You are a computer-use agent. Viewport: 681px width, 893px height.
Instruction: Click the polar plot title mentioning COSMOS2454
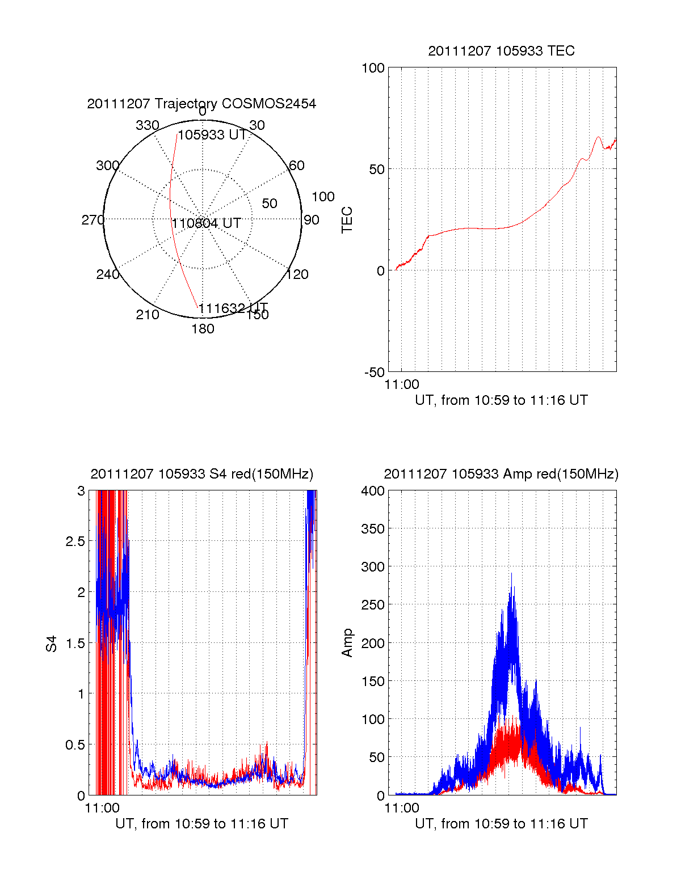[201, 104]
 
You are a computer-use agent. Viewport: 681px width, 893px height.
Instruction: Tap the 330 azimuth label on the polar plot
[147, 125]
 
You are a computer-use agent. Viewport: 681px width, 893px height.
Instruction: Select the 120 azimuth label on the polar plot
[297, 274]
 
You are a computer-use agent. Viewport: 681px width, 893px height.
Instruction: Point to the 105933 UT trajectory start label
[212, 135]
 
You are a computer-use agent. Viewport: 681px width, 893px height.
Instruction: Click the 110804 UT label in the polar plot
[207, 223]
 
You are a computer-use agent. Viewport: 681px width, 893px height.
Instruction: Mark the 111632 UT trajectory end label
[233, 308]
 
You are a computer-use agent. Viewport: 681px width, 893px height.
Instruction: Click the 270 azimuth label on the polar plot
[93, 220]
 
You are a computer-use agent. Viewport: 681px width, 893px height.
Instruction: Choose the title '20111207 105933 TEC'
[501, 51]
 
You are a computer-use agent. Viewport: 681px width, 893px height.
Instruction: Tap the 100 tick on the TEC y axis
[373, 68]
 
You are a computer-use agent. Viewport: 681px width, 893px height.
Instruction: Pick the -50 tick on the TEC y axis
[375, 373]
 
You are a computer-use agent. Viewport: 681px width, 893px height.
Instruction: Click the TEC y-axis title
[347, 220]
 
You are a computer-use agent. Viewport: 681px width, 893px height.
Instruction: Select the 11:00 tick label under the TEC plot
[402, 384]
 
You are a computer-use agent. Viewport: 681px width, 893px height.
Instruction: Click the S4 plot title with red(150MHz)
[201, 474]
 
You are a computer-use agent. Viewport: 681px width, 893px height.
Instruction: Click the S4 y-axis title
[52, 644]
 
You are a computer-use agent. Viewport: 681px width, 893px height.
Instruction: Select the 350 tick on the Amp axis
[373, 529]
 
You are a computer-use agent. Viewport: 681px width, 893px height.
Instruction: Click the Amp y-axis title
[347, 643]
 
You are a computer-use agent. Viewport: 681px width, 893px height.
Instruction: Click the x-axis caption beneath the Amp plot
[501, 824]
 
